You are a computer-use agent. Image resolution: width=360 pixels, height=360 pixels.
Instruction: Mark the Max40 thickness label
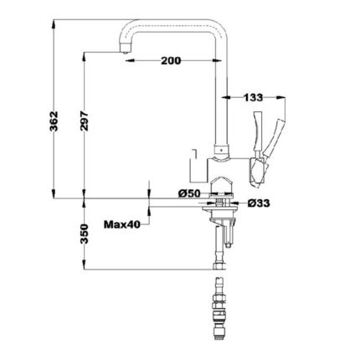(123, 224)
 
